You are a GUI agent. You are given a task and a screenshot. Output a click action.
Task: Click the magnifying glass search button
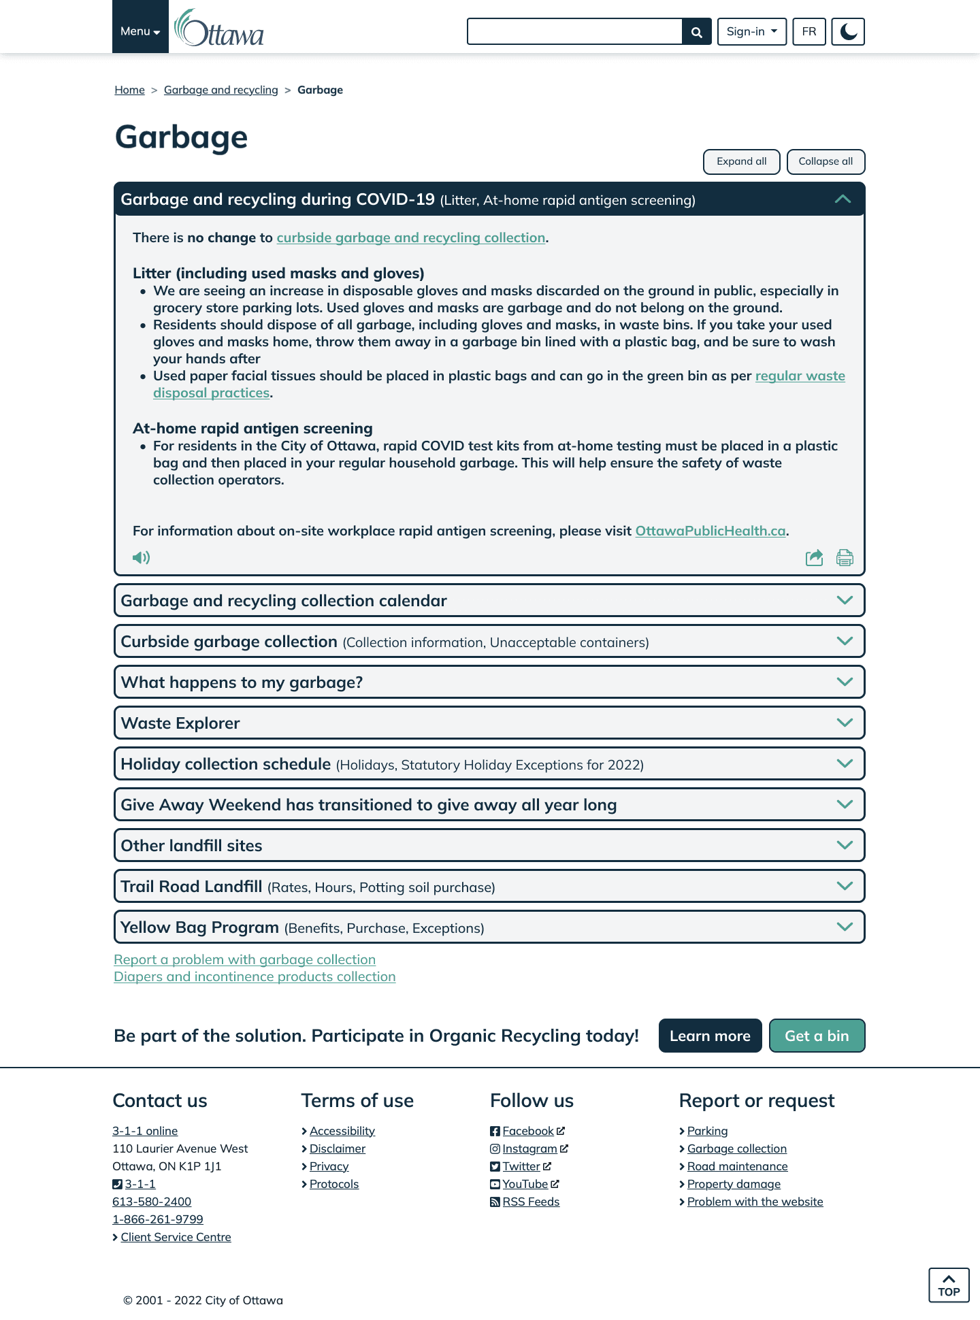(x=696, y=32)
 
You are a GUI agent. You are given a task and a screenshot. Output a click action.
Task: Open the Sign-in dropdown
(x=751, y=32)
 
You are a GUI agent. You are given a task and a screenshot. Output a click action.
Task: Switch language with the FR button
(x=808, y=32)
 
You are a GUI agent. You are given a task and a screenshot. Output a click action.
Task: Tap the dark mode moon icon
(x=848, y=32)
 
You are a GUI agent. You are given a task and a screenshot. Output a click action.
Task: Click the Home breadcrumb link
(x=129, y=90)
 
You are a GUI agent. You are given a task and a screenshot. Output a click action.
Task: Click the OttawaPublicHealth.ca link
(x=710, y=531)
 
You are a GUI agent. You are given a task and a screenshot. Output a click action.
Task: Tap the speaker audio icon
(x=141, y=558)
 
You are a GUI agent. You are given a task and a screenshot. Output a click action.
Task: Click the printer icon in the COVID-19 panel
(x=845, y=558)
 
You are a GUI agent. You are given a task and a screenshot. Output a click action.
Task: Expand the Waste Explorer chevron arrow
(x=845, y=723)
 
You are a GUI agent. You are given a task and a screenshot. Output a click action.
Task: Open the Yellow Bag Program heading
(x=199, y=927)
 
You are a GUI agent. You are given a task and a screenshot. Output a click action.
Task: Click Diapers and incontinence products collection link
(x=255, y=977)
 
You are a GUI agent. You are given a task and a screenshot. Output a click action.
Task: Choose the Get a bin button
(x=817, y=1036)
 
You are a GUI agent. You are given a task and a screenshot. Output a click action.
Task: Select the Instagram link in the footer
(x=529, y=1149)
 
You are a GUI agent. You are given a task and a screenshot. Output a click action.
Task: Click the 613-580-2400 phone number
(x=152, y=1202)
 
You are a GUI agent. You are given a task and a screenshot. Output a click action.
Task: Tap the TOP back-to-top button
(x=949, y=1285)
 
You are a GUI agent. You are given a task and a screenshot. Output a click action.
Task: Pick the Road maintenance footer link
(x=737, y=1166)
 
